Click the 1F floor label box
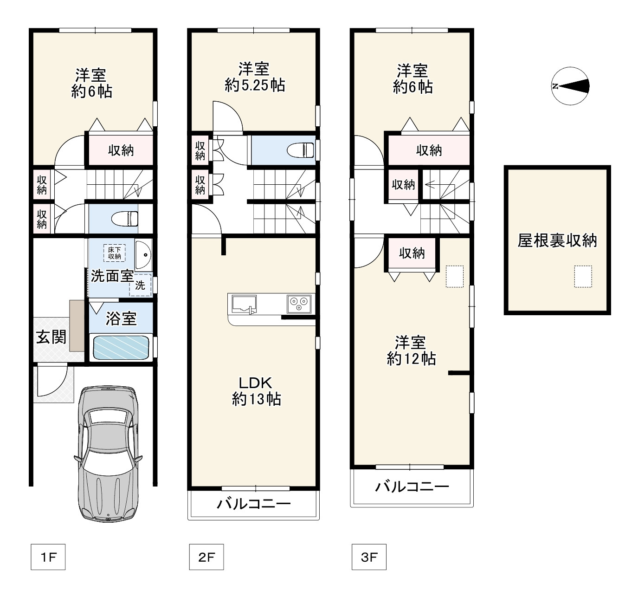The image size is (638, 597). (48, 557)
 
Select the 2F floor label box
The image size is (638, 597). (206, 557)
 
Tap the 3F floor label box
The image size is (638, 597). (369, 557)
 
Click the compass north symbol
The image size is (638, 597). (570, 86)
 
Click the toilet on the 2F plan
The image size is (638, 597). (300, 150)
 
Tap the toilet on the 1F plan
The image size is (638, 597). (125, 219)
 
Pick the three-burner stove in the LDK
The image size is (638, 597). (299, 304)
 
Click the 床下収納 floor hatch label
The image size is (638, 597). (114, 253)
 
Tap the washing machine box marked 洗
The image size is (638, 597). (140, 285)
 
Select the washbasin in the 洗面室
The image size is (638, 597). (143, 255)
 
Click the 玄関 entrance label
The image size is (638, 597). (51, 337)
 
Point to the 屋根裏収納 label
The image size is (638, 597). (557, 240)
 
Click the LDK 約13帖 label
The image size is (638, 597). (256, 391)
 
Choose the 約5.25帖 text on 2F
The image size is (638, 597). (255, 85)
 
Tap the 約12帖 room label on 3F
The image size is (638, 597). (411, 358)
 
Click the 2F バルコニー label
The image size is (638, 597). (254, 503)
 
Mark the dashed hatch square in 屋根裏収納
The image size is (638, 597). (583, 277)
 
